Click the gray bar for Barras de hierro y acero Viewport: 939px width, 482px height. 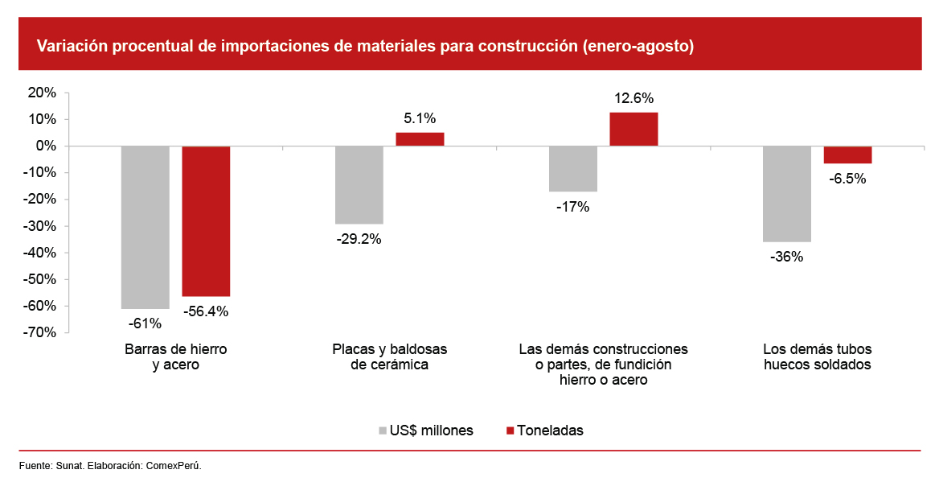[x=145, y=227]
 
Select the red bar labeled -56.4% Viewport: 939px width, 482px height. [x=206, y=221]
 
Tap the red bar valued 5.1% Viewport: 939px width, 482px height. [x=420, y=139]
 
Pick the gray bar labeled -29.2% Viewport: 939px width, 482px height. [x=359, y=185]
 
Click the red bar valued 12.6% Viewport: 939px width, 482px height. [x=634, y=130]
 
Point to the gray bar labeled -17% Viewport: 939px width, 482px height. [x=573, y=169]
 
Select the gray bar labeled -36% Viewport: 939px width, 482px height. [x=786, y=194]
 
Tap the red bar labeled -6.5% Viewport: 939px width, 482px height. [x=847, y=154]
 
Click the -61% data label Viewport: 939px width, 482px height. [x=145, y=323]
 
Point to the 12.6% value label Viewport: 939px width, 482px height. [x=634, y=99]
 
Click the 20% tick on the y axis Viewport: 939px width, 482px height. [x=42, y=93]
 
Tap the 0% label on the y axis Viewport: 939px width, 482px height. [x=46, y=146]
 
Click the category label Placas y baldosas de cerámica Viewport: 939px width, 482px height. [x=389, y=357]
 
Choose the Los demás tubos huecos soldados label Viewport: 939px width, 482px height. [x=817, y=357]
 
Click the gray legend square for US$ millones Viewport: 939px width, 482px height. [x=382, y=431]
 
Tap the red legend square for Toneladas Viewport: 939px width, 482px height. [x=509, y=431]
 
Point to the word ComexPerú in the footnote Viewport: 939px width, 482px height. [x=173, y=466]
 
